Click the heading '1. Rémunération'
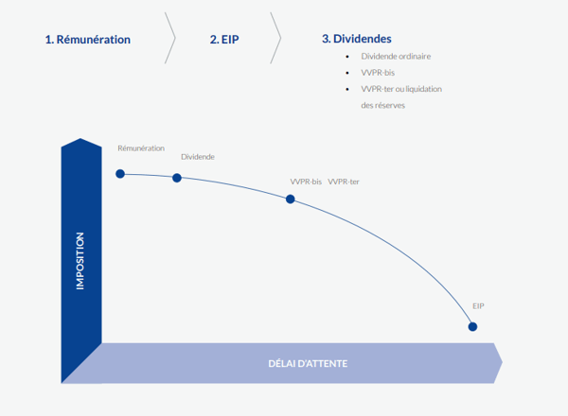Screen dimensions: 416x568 [87, 40]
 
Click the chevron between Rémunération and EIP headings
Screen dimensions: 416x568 [171, 40]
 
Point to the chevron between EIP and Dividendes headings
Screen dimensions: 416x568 [276, 40]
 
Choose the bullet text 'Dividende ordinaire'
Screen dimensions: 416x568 [396, 57]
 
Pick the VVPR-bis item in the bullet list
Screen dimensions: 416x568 [379, 72]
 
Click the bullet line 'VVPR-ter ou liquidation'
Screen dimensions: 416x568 [401, 88]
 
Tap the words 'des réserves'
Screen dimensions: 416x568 [383, 104]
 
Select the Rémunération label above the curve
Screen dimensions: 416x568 [141, 148]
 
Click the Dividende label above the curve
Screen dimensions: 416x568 [197, 156]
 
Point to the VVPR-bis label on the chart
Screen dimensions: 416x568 [306, 181]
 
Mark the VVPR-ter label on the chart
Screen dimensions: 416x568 [344, 181]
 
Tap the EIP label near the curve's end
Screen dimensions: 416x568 [479, 306]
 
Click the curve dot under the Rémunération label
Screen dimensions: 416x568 [120, 173]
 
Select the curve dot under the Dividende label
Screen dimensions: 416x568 [177, 178]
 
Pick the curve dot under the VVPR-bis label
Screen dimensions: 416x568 [291, 199]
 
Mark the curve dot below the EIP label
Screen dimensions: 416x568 [472, 327]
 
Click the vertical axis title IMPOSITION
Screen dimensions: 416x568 [80, 260]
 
